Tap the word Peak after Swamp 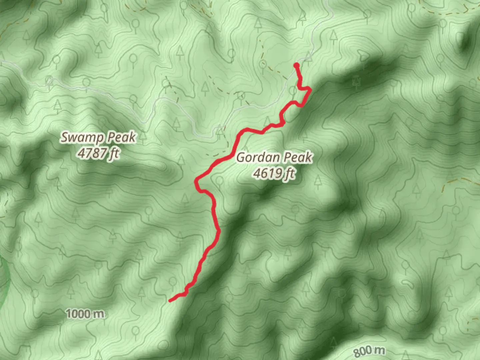coord(121,137)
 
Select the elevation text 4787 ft coord(98,153)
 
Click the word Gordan coord(256,157)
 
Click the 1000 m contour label coord(85,314)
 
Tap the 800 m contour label coord(369,351)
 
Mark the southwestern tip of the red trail coord(170,301)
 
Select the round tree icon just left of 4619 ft coord(219,181)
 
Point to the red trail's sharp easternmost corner coord(311,89)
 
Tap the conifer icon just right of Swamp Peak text coord(143,135)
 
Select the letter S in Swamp coord(65,137)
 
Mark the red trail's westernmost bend coord(196,182)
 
